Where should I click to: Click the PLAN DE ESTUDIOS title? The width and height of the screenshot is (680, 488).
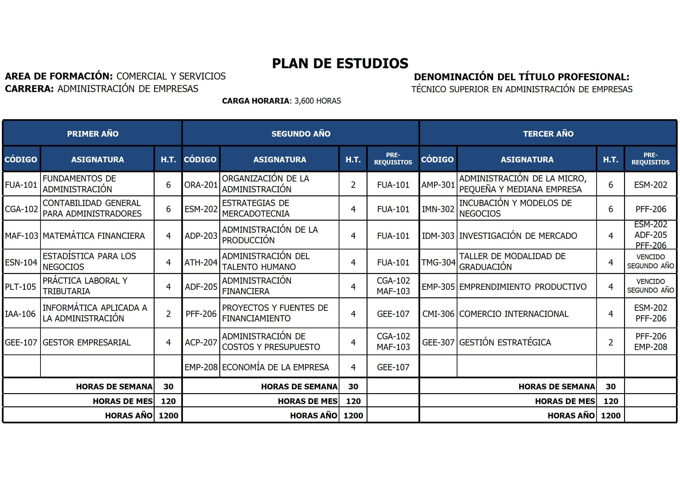click(340, 63)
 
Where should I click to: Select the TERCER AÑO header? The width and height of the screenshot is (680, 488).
click(548, 134)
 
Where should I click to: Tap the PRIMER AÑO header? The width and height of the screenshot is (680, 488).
click(93, 134)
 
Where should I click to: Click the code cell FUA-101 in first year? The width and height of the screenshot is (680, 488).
click(21, 185)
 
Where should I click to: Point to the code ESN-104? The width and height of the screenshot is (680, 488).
click(21, 262)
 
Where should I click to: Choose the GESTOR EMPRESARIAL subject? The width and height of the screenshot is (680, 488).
click(87, 342)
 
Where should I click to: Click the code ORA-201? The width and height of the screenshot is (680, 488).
click(201, 185)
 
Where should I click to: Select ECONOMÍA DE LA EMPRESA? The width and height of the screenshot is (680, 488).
click(275, 367)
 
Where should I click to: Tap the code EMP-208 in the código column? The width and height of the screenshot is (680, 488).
click(201, 367)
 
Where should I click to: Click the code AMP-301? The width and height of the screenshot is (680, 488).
click(438, 185)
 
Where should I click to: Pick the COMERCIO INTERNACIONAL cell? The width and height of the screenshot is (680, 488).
click(514, 314)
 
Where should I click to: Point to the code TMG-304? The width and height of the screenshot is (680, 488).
click(438, 262)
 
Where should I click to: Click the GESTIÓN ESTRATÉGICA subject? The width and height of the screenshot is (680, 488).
click(505, 342)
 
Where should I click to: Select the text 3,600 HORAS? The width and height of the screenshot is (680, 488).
click(317, 101)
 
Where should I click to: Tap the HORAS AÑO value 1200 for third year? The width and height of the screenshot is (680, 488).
click(610, 416)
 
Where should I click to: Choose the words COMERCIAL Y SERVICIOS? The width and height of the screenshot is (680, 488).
click(171, 76)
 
